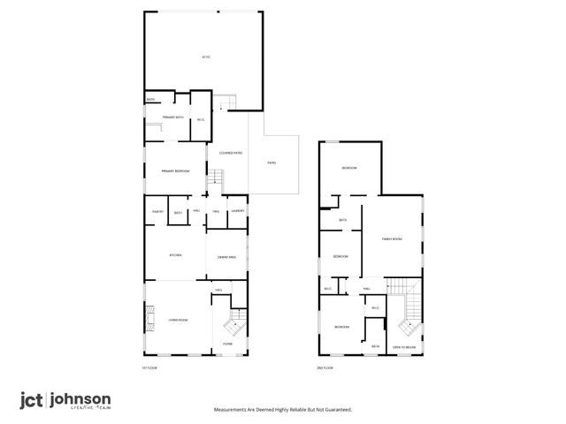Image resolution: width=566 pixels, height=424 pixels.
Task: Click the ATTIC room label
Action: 204,57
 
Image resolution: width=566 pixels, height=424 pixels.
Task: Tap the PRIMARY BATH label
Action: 172,117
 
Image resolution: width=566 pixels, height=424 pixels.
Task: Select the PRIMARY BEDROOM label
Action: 174,170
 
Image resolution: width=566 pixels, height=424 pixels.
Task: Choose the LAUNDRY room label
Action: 237,211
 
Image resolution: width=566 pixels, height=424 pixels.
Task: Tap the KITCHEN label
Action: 175,255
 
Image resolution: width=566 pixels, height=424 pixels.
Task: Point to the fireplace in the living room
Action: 148,319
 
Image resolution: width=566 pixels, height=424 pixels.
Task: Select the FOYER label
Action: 227,343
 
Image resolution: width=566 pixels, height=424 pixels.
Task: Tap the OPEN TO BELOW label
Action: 404,347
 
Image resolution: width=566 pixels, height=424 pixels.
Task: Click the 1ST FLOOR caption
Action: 149,367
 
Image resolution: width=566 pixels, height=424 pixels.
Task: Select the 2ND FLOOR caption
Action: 325,367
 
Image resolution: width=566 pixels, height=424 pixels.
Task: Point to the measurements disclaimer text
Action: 283,410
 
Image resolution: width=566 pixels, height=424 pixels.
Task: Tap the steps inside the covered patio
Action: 213,184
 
